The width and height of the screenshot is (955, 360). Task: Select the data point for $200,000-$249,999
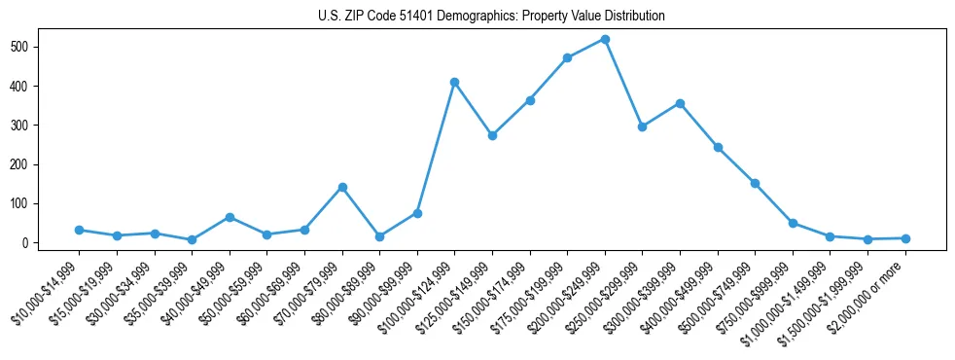tap(605, 40)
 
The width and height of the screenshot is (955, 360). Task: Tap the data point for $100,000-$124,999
tap(454, 83)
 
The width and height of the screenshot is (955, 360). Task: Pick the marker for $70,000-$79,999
tap(342, 187)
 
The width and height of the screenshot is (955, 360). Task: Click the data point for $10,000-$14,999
tap(79, 230)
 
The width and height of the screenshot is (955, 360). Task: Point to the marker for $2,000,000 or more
tap(905, 238)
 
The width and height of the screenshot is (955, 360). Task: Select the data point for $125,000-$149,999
tap(492, 136)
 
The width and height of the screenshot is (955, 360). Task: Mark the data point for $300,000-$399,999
tap(680, 103)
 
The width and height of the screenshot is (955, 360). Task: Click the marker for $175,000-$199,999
tap(567, 58)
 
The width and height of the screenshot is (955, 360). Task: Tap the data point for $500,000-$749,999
tap(755, 183)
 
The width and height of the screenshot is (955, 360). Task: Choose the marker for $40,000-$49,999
tap(230, 217)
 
